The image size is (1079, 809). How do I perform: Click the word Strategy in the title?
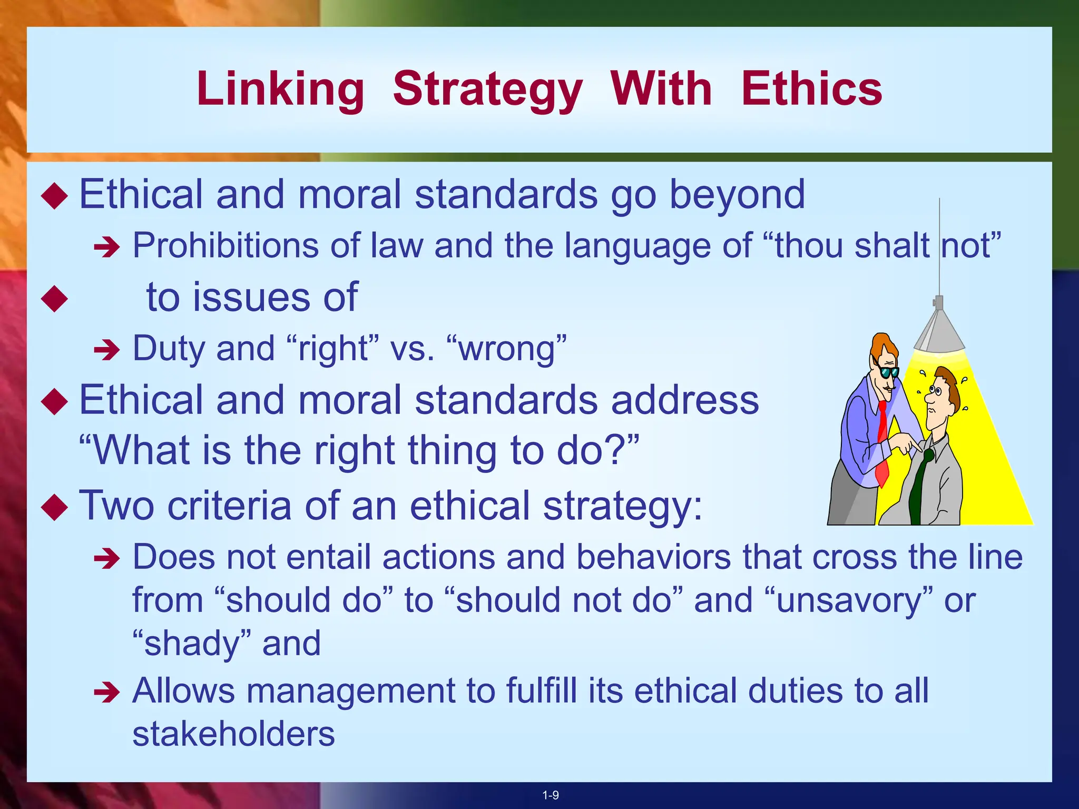tap(487, 90)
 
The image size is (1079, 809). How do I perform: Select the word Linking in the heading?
tap(280, 90)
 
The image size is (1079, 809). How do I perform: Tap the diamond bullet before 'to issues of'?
tap(55, 299)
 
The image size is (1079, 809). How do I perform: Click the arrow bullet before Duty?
tap(107, 349)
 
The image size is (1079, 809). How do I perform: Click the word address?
tap(685, 399)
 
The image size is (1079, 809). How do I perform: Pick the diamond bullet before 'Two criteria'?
tap(55, 507)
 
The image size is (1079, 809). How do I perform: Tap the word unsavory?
tap(848, 600)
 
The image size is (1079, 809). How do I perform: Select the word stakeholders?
tap(233, 734)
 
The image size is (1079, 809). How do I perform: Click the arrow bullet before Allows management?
tap(107, 692)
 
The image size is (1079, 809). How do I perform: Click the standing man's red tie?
tap(882, 448)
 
